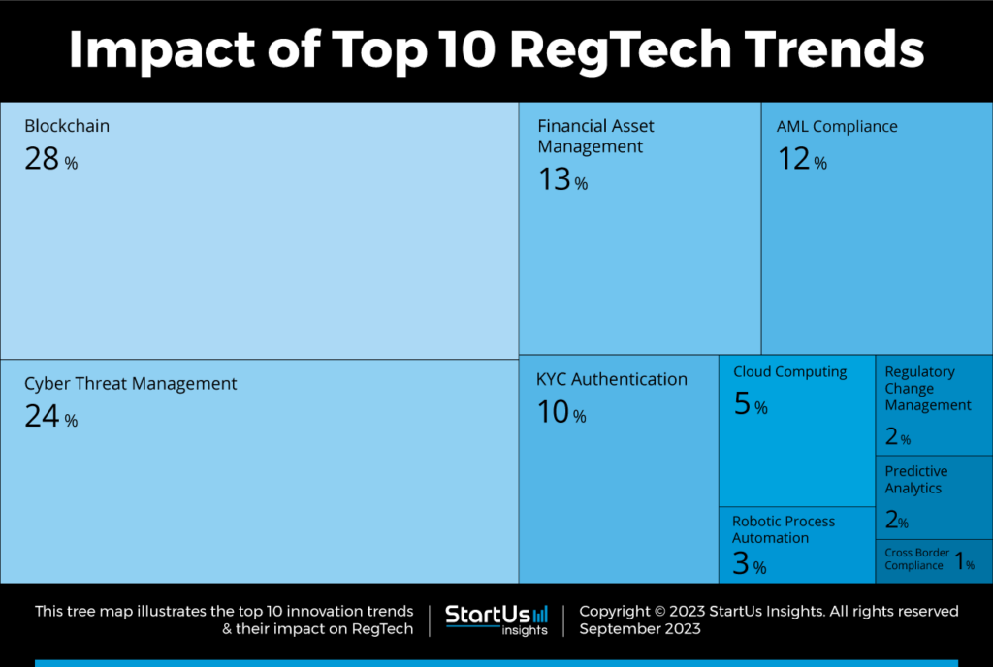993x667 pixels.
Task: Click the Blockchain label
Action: point(67,126)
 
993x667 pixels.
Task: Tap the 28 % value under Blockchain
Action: point(50,160)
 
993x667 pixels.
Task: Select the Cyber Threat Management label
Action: point(130,384)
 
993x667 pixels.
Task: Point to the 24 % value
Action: point(50,418)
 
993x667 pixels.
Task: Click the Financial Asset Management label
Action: point(595,137)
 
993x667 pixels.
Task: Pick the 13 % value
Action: point(562,180)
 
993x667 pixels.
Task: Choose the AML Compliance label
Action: point(837,127)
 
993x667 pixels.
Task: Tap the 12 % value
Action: point(802,160)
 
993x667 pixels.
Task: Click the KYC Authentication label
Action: point(612,380)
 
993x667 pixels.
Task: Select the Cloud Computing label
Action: point(789,372)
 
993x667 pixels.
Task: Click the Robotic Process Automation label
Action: point(784,529)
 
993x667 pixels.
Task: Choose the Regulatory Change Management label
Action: point(927,389)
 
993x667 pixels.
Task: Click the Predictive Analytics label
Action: point(916,480)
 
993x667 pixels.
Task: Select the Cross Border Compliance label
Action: point(916,559)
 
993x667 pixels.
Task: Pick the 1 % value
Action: point(964,561)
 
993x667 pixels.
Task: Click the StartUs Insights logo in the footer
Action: point(496,619)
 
